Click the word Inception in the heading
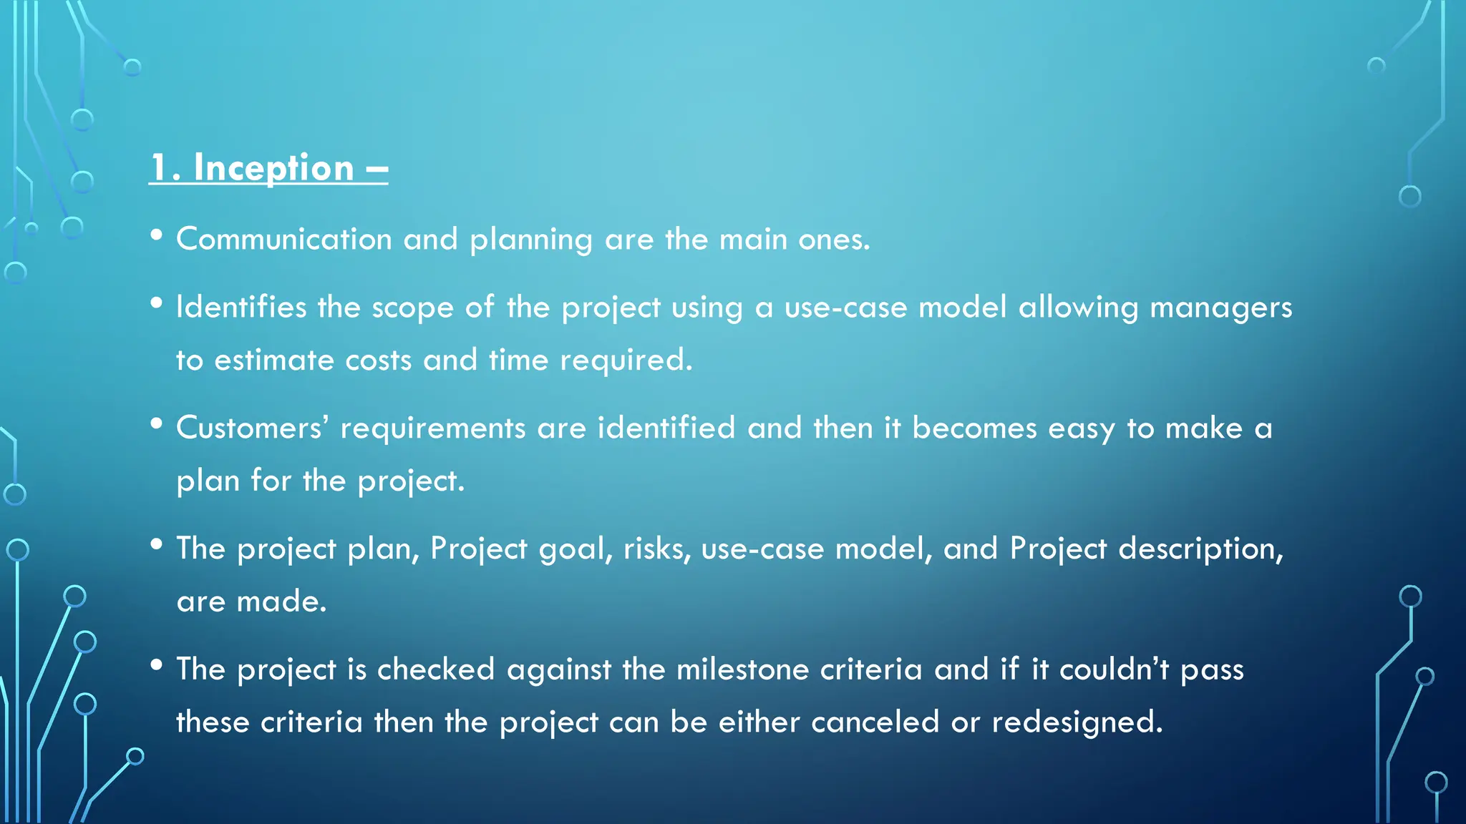pos(273,169)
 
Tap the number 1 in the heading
pos(159,169)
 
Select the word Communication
pos(284,239)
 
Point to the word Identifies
pos(241,308)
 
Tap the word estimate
pos(274,360)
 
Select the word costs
pos(378,360)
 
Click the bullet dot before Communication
pos(157,235)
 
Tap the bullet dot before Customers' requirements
pos(157,423)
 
